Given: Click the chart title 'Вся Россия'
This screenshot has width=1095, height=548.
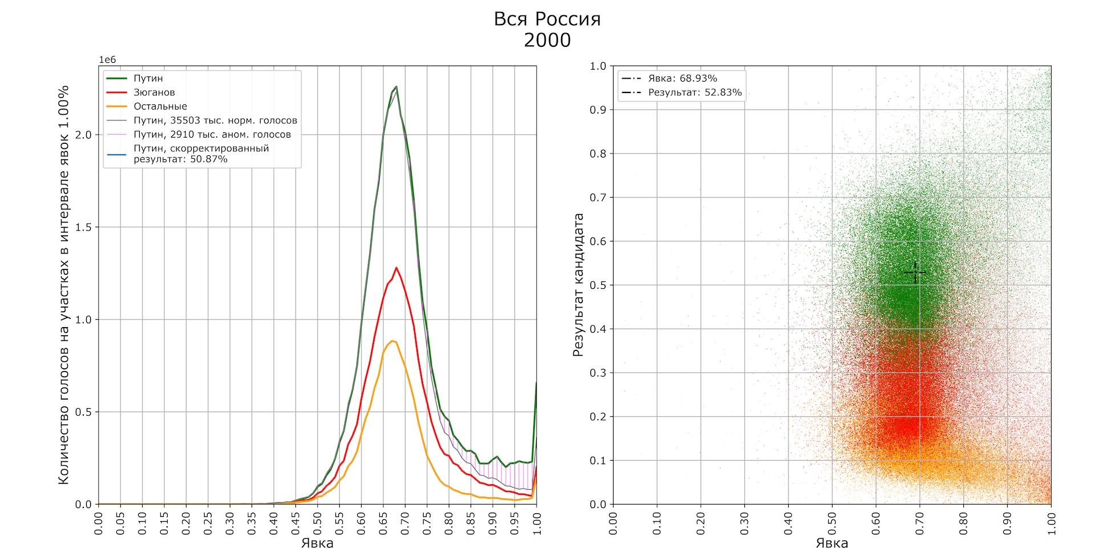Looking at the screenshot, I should [x=547, y=19].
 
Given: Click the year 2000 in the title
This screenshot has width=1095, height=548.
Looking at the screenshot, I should [x=547, y=40].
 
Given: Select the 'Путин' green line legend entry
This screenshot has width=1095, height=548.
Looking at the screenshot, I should [x=148, y=78].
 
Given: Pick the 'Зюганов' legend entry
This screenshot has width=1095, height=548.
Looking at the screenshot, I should [x=154, y=92].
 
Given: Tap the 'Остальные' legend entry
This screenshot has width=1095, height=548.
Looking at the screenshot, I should [x=160, y=106].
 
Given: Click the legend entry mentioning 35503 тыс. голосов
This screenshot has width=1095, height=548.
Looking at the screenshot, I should [x=215, y=120].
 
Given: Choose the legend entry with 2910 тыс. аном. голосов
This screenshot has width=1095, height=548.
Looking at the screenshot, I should [x=212, y=135].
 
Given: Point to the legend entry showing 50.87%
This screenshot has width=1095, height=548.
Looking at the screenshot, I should [x=201, y=154].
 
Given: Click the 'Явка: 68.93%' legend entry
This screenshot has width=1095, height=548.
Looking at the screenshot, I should [x=682, y=78].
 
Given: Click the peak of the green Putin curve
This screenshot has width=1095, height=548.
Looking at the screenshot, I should [x=396, y=87].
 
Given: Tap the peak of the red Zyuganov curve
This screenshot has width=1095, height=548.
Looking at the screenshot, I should [x=396, y=267].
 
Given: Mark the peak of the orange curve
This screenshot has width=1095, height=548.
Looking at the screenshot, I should [x=392, y=341].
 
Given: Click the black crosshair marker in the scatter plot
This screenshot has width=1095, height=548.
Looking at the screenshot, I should [x=915, y=273].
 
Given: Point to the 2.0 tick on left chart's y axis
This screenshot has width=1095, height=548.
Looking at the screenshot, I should [x=84, y=135].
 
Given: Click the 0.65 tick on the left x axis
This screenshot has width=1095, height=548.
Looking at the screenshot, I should [x=383, y=523].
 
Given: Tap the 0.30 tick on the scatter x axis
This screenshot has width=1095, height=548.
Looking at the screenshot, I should [x=744, y=523].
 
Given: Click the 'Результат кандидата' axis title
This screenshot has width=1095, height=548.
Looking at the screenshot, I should [x=578, y=285].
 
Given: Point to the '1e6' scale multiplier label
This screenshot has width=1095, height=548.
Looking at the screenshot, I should [x=107, y=60].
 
